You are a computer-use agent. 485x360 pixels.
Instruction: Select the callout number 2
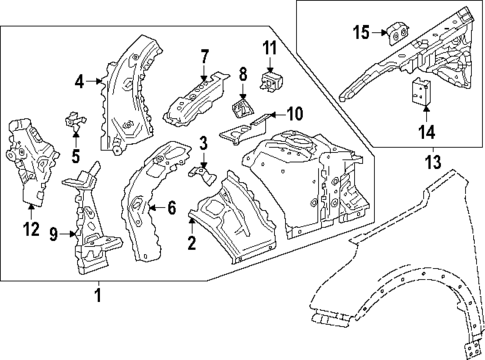[192, 242]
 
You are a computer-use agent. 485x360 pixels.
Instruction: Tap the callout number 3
[202, 143]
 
